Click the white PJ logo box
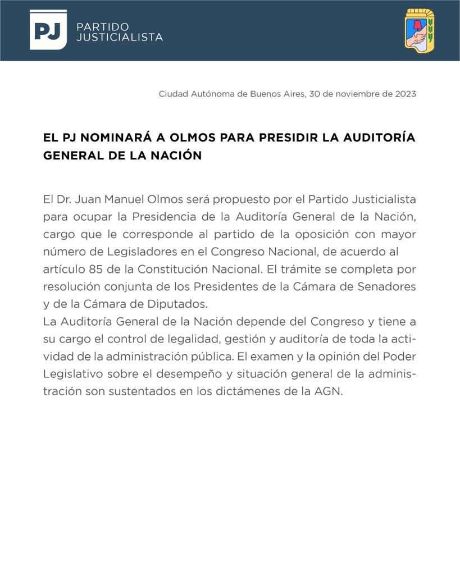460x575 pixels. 48,30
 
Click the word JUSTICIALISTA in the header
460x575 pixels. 119,37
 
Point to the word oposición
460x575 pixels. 318,234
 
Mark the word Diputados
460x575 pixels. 177,304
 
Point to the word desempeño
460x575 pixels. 207,374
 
